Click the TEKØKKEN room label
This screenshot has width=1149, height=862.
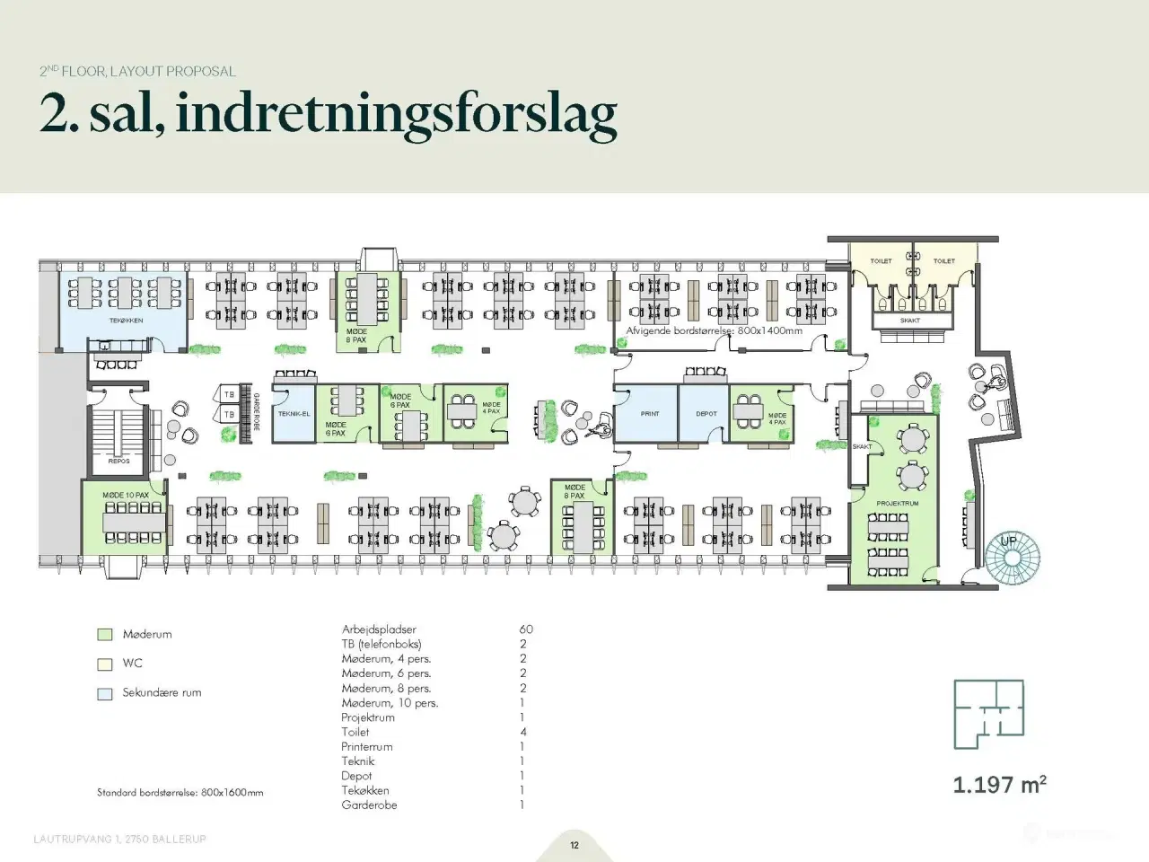[x=126, y=321]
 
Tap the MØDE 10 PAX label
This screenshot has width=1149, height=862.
[x=125, y=495]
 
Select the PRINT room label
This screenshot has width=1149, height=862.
[x=650, y=414]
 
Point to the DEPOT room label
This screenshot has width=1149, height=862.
[x=706, y=414]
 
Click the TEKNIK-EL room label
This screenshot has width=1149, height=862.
[x=294, y=414]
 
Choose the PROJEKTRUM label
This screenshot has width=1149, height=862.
[x=897, y=504]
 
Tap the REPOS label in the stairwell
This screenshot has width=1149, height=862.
[x=119, y=462]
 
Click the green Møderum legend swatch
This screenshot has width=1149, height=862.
[x=105, y=635]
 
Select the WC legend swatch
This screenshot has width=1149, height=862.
[x=105, y=664]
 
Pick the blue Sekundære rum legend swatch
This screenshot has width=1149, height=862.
[x=105, y=693]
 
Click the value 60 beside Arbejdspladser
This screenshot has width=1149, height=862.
[x=525, y=629]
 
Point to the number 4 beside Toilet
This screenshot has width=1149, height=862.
[x=523, y=732]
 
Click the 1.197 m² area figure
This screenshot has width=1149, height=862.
[x=999, y=785]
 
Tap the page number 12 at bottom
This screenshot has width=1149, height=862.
[x=574, y=845]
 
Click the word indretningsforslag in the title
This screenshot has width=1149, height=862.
[x=396, y=114]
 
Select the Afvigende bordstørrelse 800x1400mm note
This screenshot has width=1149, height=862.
[x=714, y=330]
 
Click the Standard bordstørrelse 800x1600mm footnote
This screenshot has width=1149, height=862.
[x=180, y=793]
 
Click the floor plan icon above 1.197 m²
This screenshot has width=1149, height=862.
[x=988, y=714]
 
